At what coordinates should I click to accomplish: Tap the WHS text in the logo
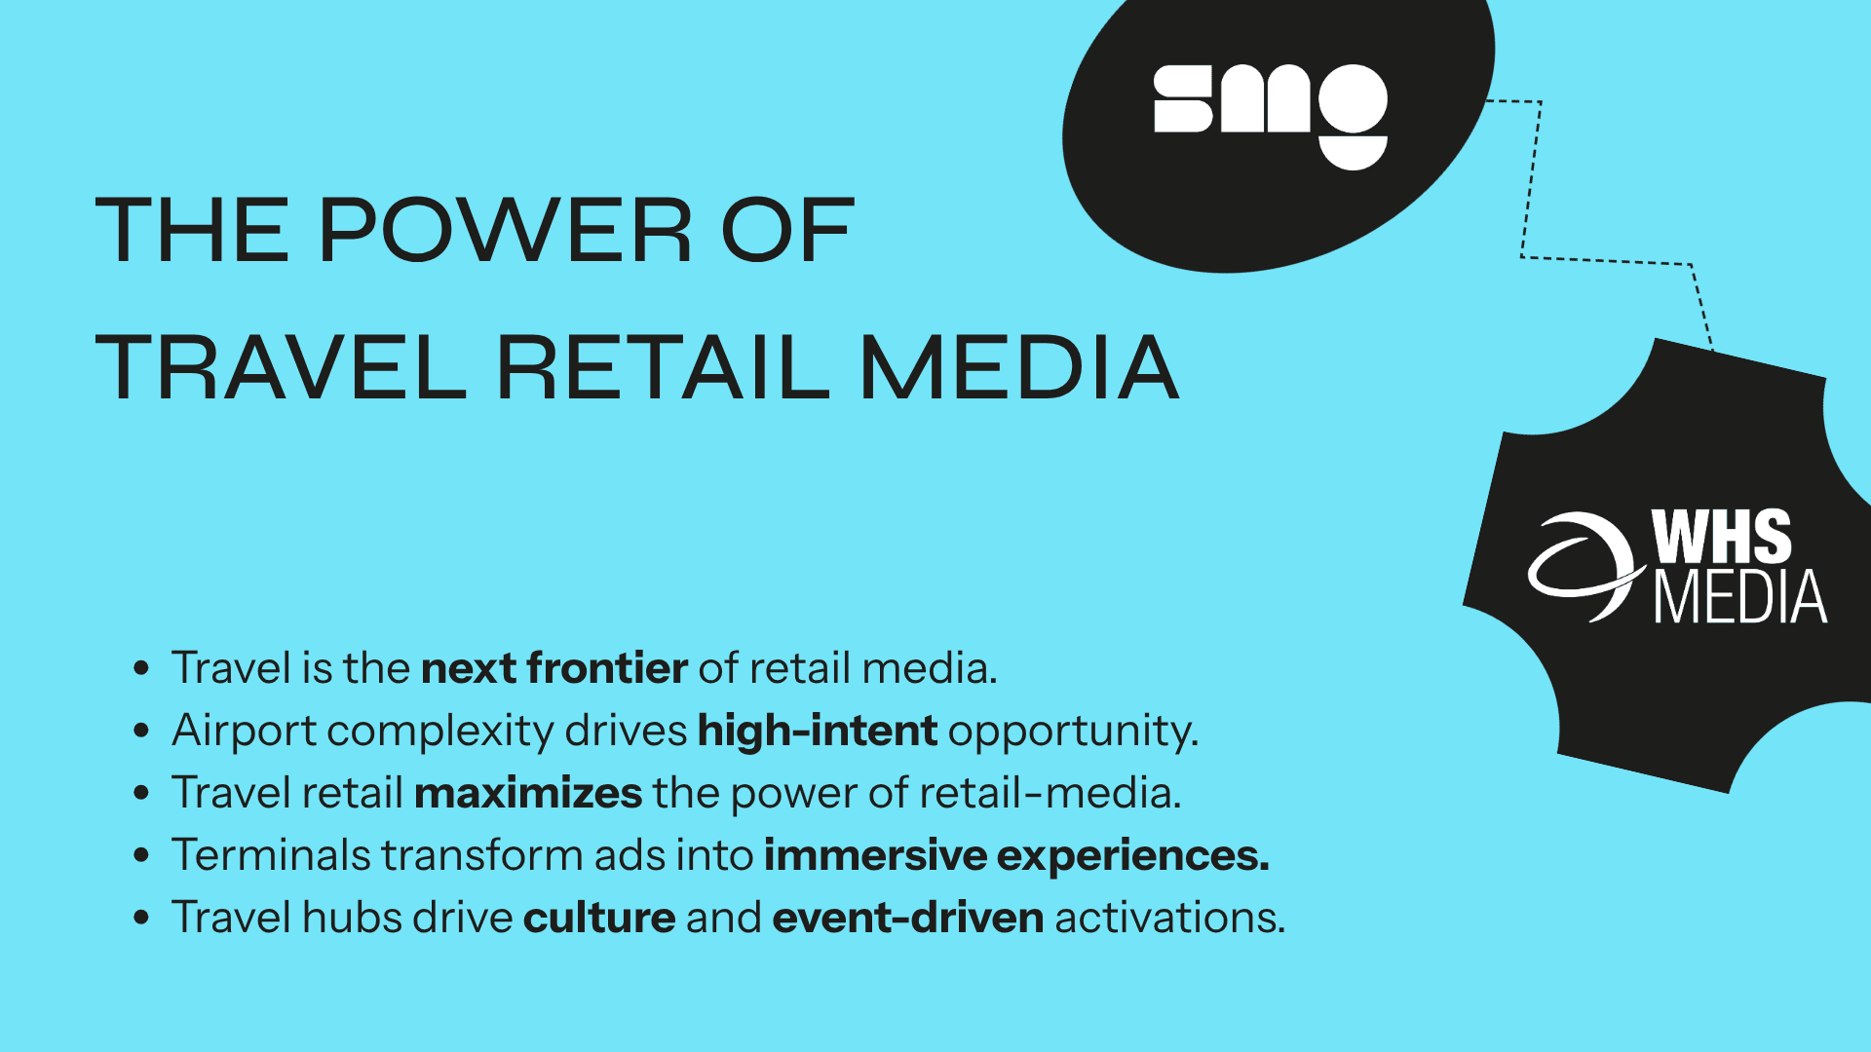(x=1721, y=537)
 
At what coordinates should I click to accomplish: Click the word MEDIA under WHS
(x=1740, y=597)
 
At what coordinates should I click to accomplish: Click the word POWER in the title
(x=505, y=232)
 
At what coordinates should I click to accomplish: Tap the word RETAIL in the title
(x=663, y=368)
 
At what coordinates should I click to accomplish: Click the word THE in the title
(x=192, y=232)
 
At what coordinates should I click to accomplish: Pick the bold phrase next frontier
(x=554, y=668)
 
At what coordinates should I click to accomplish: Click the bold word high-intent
(x=817, y=731)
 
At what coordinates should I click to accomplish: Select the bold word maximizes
(x=528, y=793)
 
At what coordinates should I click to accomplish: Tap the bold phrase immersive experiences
(x=1015, y=855)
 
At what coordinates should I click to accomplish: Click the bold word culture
(x=598, y=918)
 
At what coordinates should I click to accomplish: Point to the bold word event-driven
(x=907, y=918)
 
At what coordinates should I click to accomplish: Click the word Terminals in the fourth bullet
(x=271, y=855)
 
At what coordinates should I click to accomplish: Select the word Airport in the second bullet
(x=244, y=731)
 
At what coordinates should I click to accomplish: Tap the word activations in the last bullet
(x=1168, y=918)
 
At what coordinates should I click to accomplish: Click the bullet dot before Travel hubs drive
(x=142, y=918)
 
